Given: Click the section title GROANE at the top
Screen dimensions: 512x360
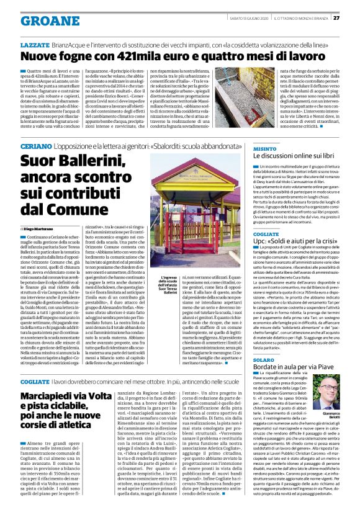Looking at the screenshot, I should click(45, 20).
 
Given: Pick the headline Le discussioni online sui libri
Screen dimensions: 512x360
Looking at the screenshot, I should click(294, 157).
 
